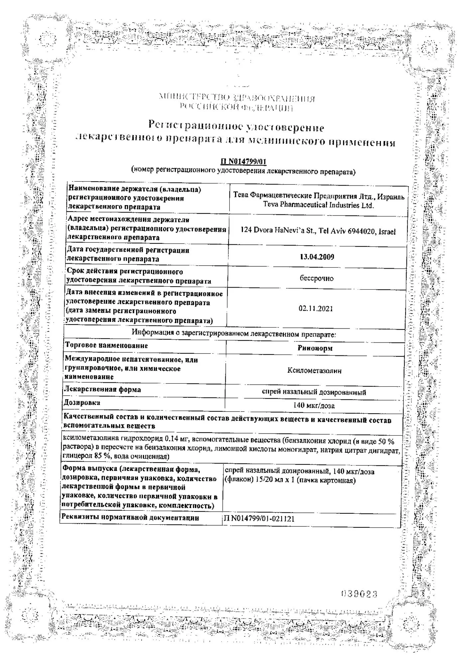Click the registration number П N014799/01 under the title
(243, 162)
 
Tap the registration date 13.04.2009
(317, 257)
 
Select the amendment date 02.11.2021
(315, 309)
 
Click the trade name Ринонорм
(315, 348)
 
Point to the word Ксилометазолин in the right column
(314, 370)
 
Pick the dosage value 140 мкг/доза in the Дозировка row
(314, 406)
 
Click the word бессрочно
(316, 279)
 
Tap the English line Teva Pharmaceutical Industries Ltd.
(318, 205)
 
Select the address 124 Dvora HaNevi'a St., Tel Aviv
(318, 232)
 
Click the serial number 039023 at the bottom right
(359, 594)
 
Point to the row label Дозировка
(82, 403)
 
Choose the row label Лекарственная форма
(102, 389)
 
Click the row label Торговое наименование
(106, 345)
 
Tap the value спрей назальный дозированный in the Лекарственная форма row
(314, 392)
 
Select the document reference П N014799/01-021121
(259, 519)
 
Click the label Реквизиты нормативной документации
(130, 518)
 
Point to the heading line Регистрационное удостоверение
(236, 126)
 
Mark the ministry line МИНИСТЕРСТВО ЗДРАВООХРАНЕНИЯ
(237, 99)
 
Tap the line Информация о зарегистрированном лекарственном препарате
(234, 333)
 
